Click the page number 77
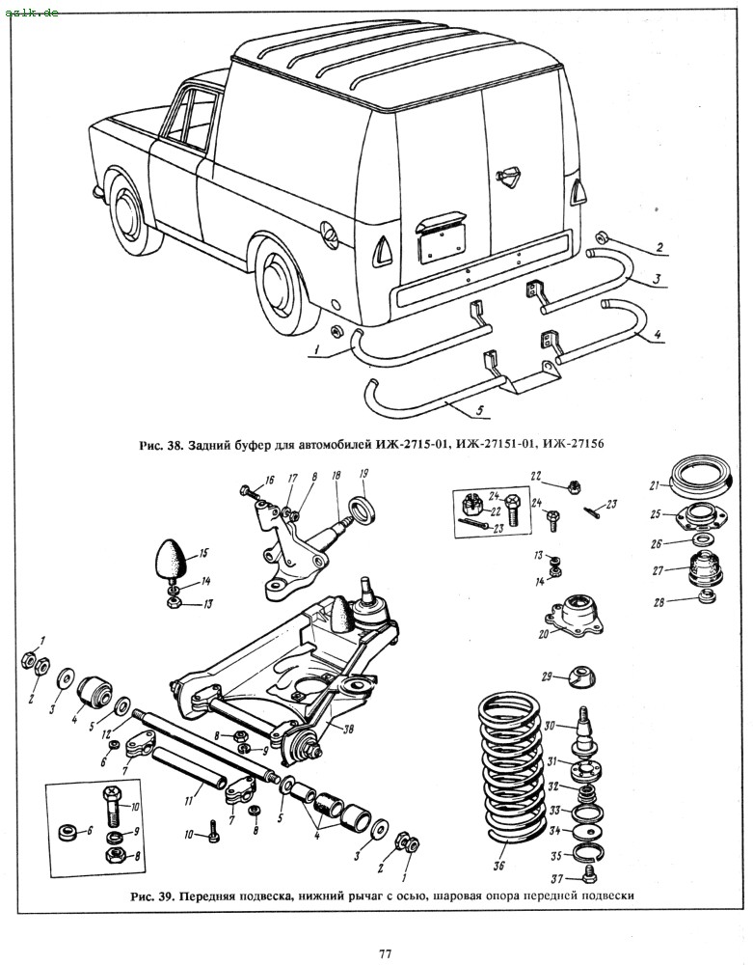point(385,953)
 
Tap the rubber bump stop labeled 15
point(169,560)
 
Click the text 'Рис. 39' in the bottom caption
point(151,895)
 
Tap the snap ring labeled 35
point(587,852)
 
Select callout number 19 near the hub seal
point(363,474)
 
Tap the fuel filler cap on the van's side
point(329,234)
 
